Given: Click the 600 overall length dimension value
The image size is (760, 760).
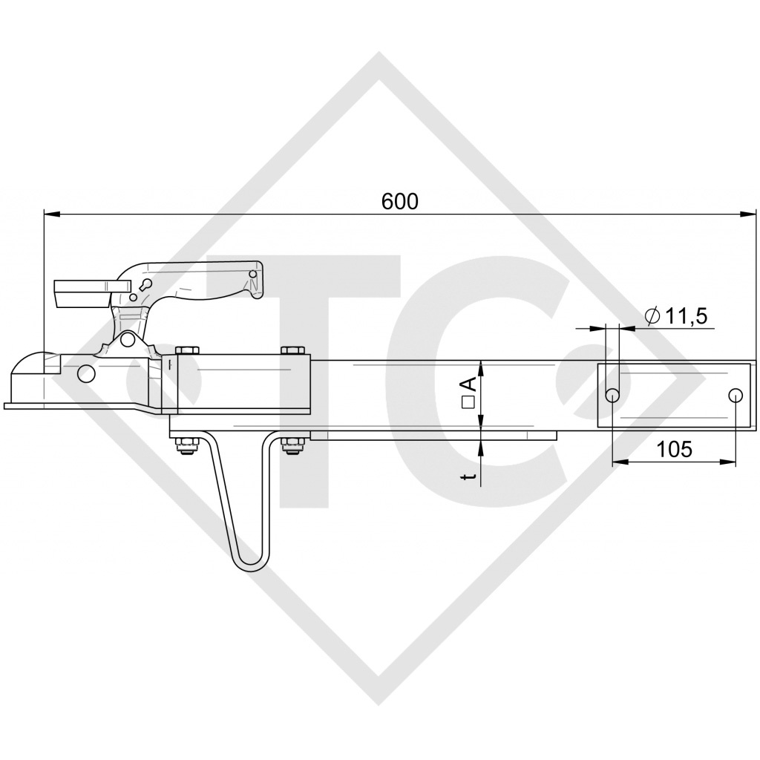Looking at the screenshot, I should point(400,201).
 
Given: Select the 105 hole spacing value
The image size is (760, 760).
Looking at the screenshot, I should point(674,448).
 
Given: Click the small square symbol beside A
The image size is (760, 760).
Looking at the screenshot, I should point(468,402).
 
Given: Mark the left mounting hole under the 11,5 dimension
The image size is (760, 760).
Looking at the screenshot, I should point(613,395).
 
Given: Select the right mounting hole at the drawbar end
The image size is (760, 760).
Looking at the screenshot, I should point(735,395).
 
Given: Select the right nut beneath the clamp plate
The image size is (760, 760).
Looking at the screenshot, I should point(292,445).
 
